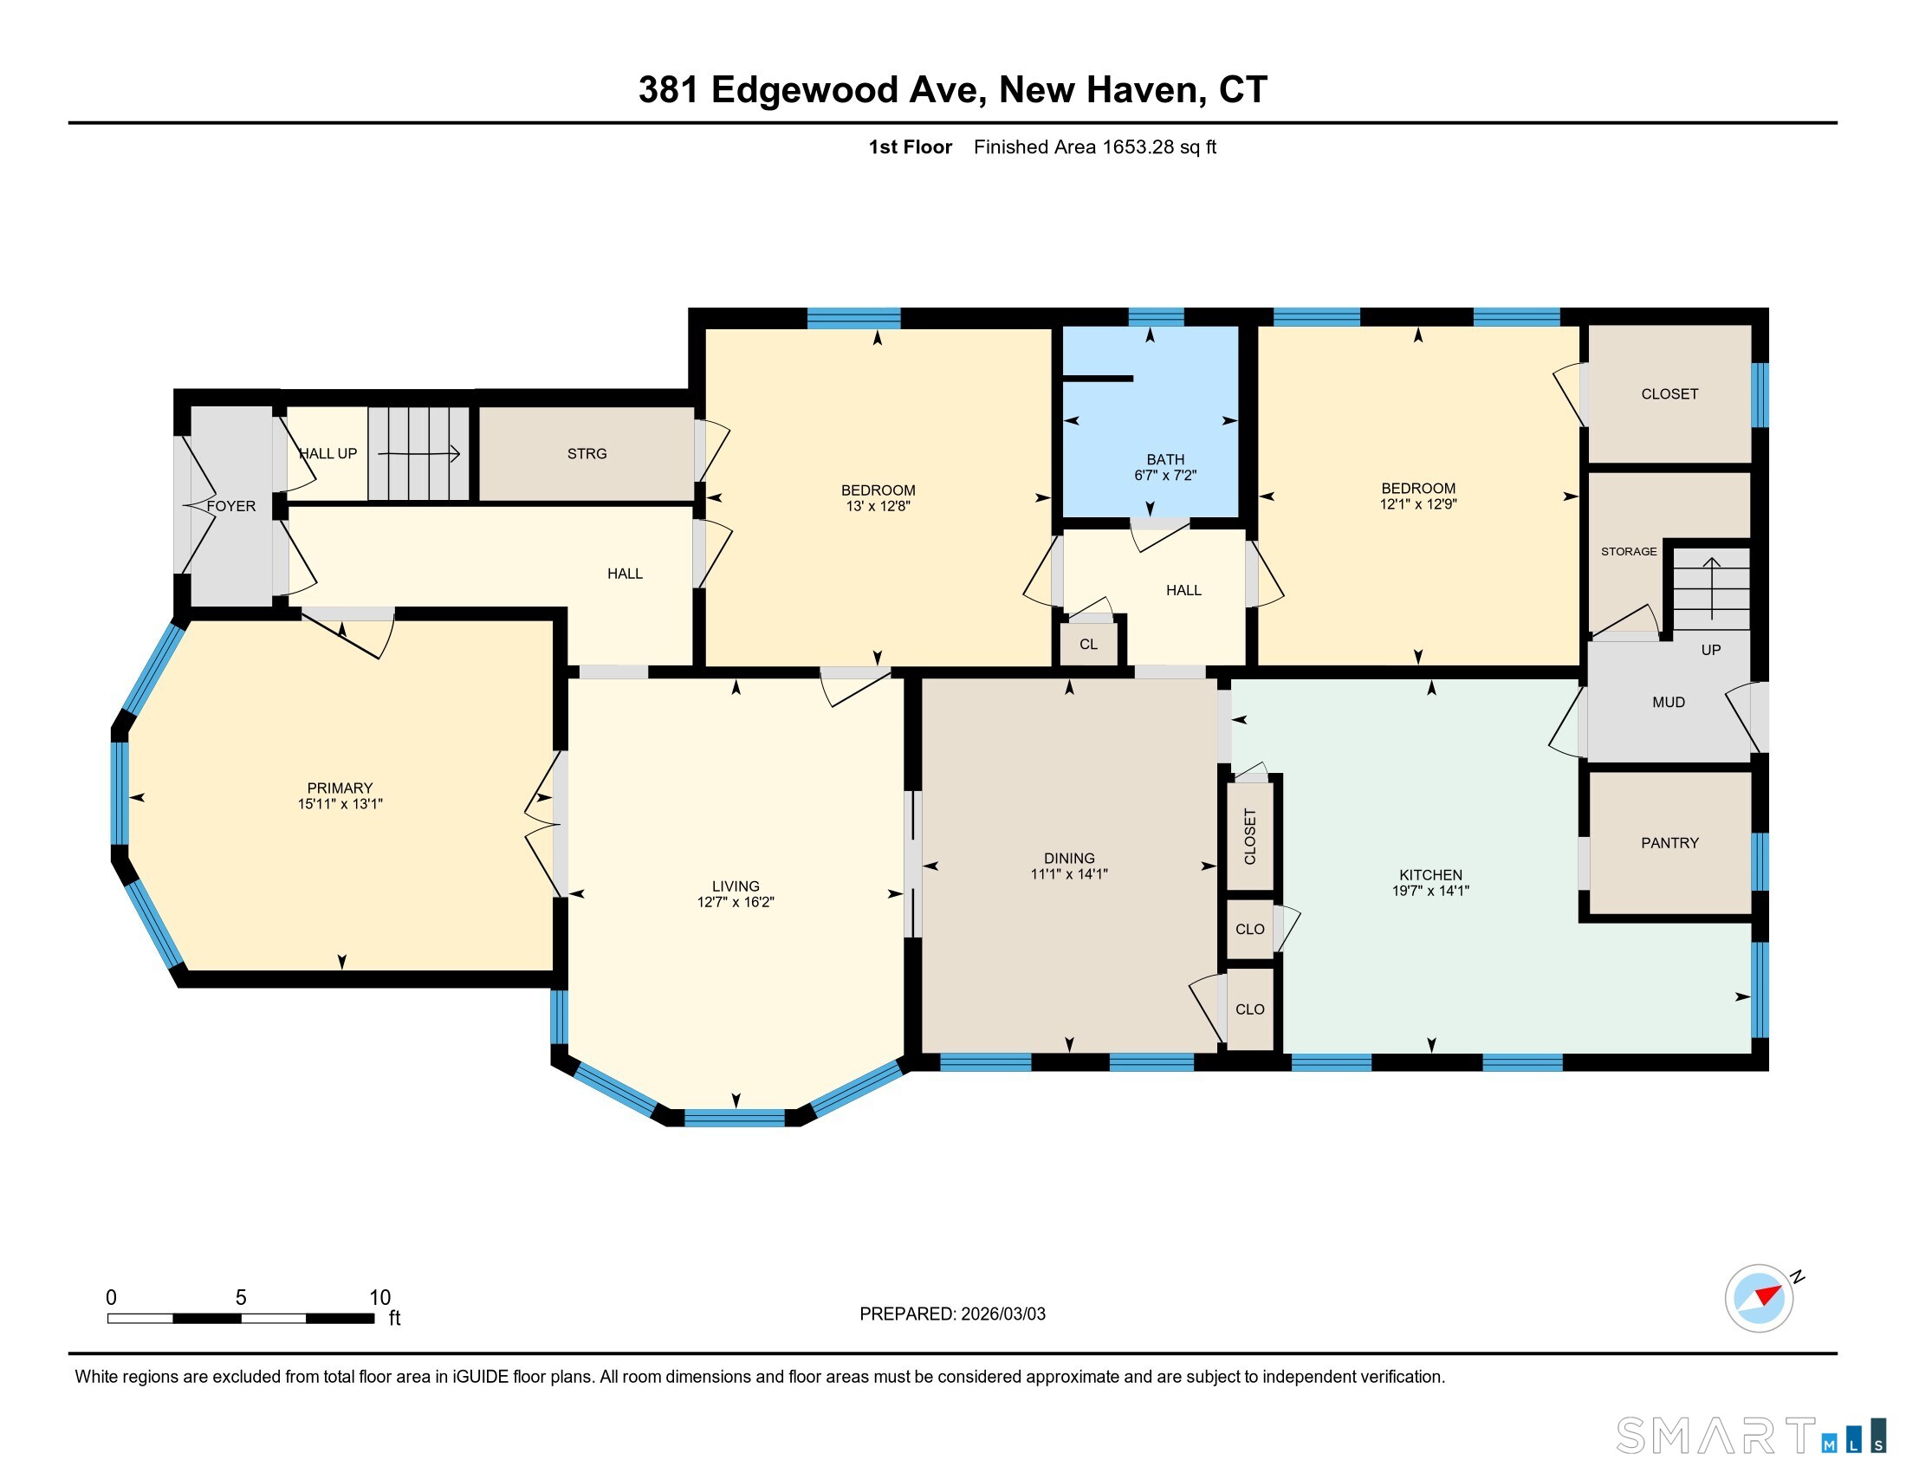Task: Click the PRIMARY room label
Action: click(340, 788)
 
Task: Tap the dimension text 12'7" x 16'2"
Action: click(736, 902)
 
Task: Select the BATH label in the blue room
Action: click(1165, 459)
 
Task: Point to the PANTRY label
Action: click(1669, 843)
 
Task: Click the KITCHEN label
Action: click(1430, 875)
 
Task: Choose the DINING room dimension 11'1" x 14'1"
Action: click(1069, 873)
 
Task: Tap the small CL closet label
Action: click(1088, 645)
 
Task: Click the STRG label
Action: click(587, 454)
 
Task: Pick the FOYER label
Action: click(231, 506)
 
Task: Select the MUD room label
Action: click(1669, 703)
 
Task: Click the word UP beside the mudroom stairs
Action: click(1710, 650)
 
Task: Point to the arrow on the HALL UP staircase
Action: click(419, 453)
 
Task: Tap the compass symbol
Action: click(1760, 1299)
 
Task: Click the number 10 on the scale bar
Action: click(379, 1298)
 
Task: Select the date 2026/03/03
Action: click(1002, 1314)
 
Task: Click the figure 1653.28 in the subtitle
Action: click(1138, 146)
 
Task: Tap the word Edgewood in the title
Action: click(805, 90)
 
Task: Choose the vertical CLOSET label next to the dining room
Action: click(1249, 836)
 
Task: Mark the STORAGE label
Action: click(1629, 551)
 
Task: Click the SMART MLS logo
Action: click(1751, 1435)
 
